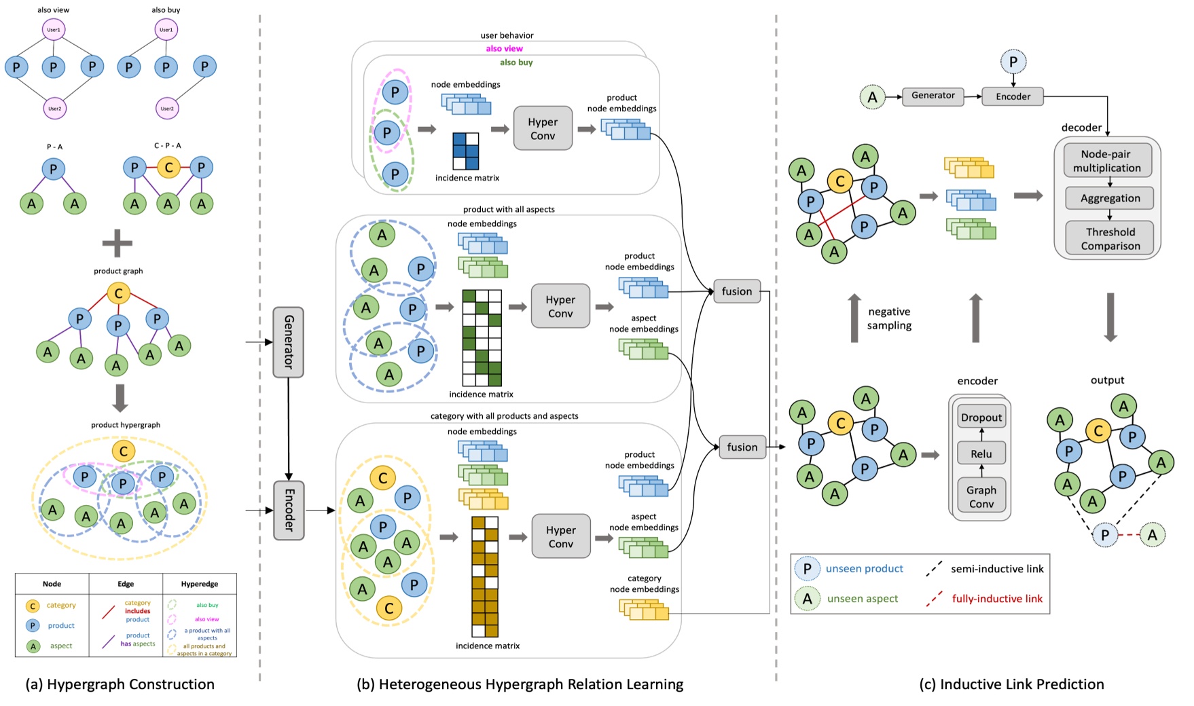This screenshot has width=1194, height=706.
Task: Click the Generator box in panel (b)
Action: pos(288,341)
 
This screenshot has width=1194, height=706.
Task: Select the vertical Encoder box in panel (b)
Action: pos(289,510)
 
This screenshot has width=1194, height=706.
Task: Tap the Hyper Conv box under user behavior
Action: pos(542,128)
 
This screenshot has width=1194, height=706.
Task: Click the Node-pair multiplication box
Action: pos(1106,161)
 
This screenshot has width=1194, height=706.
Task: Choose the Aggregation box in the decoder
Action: pos(1110,198)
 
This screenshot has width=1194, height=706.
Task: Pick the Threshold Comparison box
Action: pos(1110,239)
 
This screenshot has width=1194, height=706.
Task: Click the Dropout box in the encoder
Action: pos(981,417)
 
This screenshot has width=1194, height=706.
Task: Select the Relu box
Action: pos(981,453)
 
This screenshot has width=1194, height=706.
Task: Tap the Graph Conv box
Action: pos(981,497)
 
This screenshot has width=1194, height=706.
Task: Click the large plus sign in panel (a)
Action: pos(117,243)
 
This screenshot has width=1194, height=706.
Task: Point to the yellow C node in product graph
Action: pos(118,293)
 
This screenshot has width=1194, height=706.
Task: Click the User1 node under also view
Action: pos(54,30)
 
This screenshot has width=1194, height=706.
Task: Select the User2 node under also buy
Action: pos(166,108)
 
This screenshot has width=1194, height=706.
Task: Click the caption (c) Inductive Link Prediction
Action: pos(1011,684)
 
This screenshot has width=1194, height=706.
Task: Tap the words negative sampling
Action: pos(889,318)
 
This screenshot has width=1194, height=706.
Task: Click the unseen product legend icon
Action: pos(807,569)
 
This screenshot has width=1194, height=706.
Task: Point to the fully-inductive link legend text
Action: pos(997,599)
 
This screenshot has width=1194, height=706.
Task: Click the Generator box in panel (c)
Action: pos(933,96)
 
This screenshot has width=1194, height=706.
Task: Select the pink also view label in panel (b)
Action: pos(504,49)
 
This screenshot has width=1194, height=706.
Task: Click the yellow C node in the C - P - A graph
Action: pos(168,167)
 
